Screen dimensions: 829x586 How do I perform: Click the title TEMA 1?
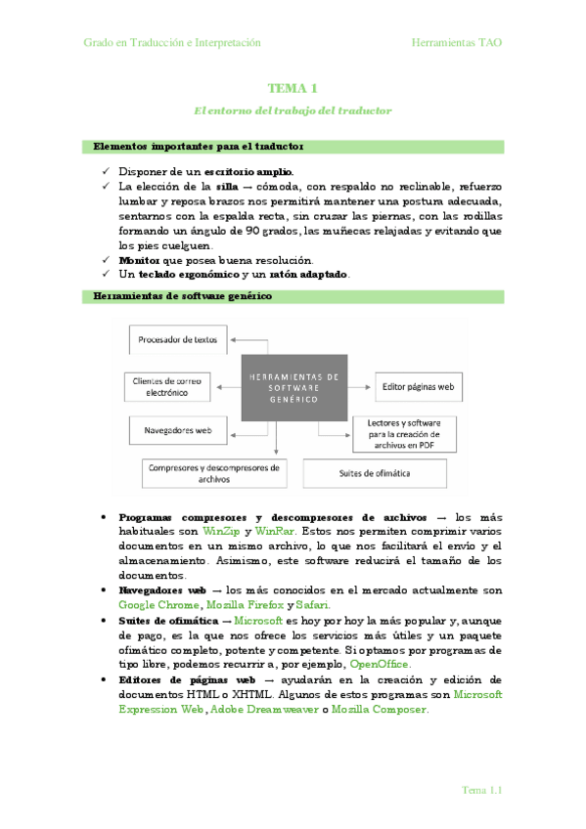293,88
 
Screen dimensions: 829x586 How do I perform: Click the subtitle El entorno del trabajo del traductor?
293,110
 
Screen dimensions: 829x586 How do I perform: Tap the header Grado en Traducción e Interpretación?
171,43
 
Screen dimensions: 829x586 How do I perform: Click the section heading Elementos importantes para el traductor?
198,147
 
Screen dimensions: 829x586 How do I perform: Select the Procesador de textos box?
178,340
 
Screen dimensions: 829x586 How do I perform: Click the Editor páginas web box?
418,386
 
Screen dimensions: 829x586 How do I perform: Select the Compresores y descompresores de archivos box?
213,473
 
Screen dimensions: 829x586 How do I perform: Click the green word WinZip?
220,530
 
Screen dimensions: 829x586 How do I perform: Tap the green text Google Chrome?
155,605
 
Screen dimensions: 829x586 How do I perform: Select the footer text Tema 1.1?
481,790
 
